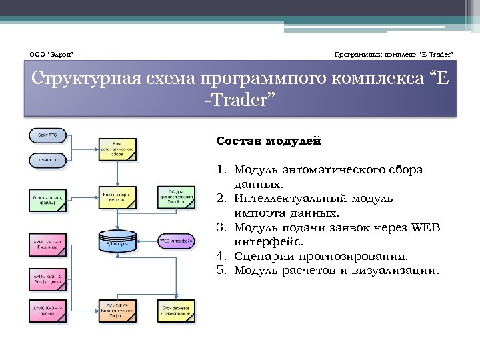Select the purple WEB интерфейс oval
(176, 240)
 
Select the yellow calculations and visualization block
(176, 311)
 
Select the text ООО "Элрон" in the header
(51, 53)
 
